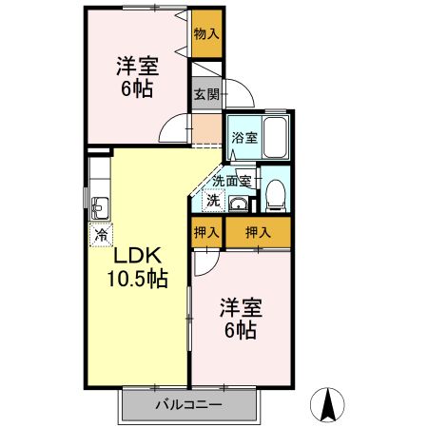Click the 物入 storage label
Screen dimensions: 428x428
pyautogui.click(x=205, y=34)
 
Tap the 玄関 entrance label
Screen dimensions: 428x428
pyautogui.click(x=206, y=93)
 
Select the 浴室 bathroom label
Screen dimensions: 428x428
pyautogui.click(x=244, y=138)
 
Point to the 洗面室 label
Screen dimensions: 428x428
pyautogui.click(x=231, y=180)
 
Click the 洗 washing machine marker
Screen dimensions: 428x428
pyautogui.click(x=214, y=200)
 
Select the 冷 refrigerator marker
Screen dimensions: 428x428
pyautogui.click(x=100, y=233)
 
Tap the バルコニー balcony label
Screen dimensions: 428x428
pyautogui.click(x=189, y=406)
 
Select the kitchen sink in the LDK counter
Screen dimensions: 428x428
pyautogui.click(x=101, y=207)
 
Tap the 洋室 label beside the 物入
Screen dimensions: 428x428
pyautogui.click(x=138, y=67)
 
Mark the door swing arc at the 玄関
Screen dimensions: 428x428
pyautogui.click(x=245, y=99)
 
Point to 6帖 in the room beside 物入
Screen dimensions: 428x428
pyautogui.click(x=138, y=90)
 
